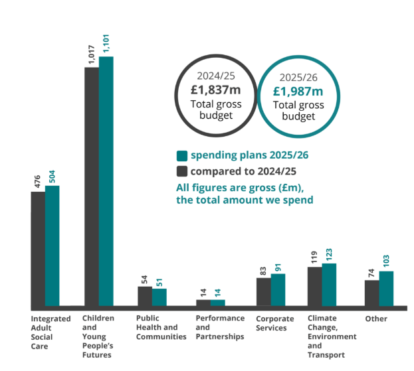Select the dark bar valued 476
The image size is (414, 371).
[38, 249]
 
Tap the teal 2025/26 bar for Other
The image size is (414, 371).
[386, 289]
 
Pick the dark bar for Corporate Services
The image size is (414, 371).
[264, 292]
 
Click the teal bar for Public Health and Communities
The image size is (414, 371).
[159, 297]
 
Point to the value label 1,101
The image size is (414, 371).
[106, 43]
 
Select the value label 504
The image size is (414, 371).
[52, 177]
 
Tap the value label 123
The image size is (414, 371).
[329, 255]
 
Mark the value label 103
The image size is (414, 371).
[386, 261]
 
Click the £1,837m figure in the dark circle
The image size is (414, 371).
[216, 90]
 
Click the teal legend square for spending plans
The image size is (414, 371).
[181, 156]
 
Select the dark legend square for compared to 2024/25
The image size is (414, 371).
[181, 171]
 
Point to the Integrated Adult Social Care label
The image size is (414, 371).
[51, 333]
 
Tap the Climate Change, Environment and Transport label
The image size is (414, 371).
[332, 336]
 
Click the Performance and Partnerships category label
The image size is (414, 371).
[219, 327]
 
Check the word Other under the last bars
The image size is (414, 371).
[376, 319]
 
